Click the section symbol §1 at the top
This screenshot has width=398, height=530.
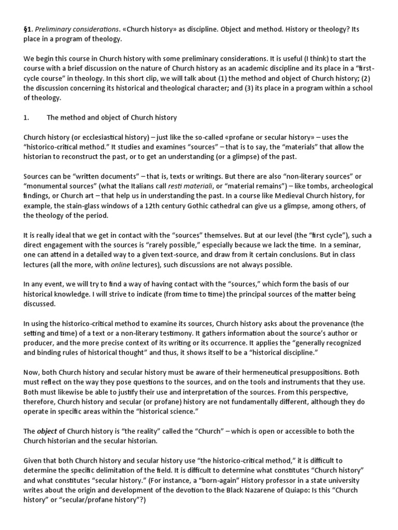pos(29,29)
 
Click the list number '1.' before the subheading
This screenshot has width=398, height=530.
pos(27,117)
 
